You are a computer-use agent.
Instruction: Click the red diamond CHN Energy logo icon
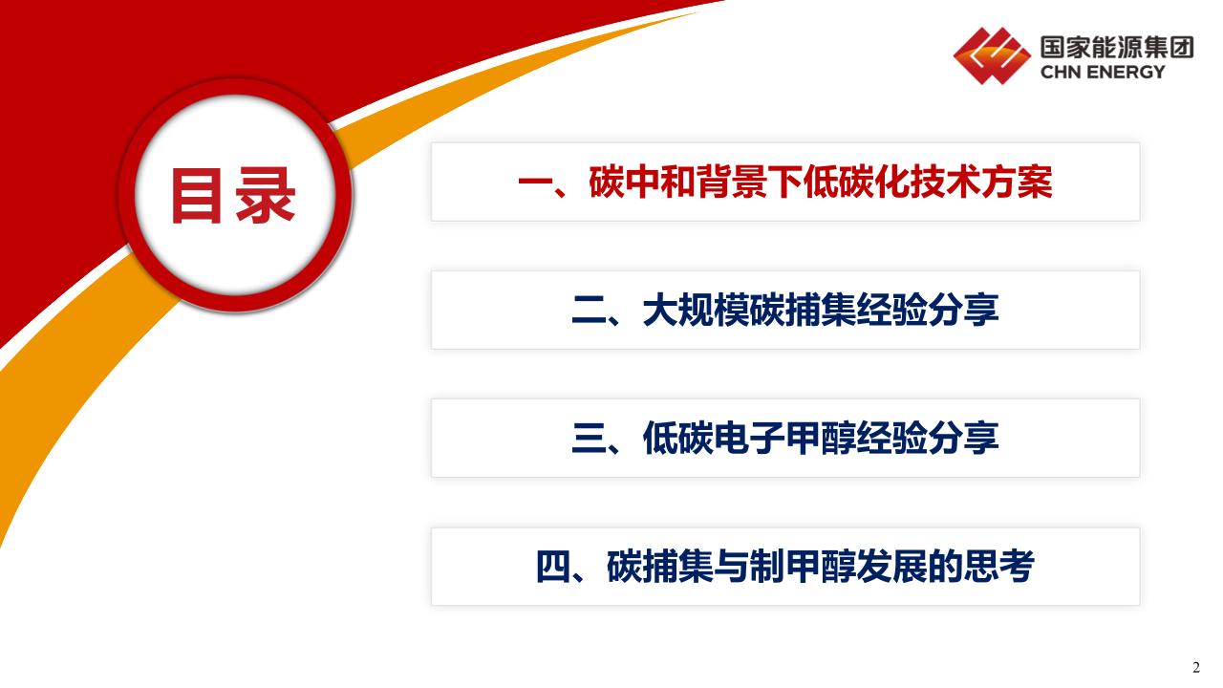[x=992, y=55]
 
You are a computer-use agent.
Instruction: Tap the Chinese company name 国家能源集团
[x=1117, y=47]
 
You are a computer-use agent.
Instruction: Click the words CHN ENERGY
[x=1103, y=72]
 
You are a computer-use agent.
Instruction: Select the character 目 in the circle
[x=197, y=196]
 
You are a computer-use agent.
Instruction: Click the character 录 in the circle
[x=266, y=196]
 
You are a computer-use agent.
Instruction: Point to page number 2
[x=1195, y=668]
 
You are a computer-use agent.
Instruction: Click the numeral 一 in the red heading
[x=535, y=182]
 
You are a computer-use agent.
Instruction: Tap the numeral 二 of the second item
[x=590, y=311]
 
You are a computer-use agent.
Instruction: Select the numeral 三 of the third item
[x=590, y=439]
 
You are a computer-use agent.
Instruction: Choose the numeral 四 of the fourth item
[x=553, y=567]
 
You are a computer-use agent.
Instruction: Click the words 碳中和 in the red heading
[x=641, y=182]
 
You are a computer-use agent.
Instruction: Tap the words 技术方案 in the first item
[x=981, y=182]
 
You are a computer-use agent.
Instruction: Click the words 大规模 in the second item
[x=696, y=311]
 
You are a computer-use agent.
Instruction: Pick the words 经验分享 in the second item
[x=928, y=311]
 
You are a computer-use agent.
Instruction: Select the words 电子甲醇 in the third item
[x=785, y=439]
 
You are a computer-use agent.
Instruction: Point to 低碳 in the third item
[x=678, y=439]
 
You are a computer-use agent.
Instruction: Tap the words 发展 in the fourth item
[x=892, y=567]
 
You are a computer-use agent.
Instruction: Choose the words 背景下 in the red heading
[x=749, y=182]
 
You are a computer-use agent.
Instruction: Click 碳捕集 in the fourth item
[x=660, y=567]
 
